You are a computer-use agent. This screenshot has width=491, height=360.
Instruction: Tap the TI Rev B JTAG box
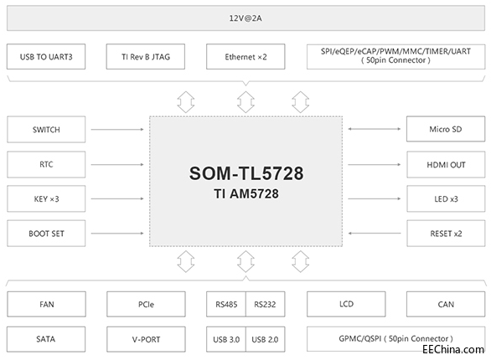click(146, 57)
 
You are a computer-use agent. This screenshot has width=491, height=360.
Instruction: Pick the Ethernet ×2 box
click(245, 57)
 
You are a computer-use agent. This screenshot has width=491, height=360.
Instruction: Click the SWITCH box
click(46, 130)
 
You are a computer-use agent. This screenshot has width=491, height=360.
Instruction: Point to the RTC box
click(46, 164)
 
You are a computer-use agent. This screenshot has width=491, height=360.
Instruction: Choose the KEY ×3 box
click(46, 198)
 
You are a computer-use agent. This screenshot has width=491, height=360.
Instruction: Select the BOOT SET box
click(46, 232)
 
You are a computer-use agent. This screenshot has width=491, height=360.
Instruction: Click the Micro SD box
click(446, 130)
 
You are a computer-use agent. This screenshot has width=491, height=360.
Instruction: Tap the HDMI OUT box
click(446, 164)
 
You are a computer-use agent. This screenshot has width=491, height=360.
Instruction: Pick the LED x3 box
click(446, 198)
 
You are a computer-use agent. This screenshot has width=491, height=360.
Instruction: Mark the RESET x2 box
click(446, 232)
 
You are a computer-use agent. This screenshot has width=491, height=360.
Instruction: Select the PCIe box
click(146, 305)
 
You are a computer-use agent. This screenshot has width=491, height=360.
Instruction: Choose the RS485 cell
click(225, 305)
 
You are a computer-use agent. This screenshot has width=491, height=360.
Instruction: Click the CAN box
click(446, 305)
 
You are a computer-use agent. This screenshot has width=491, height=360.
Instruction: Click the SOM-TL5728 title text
click(245, 174)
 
